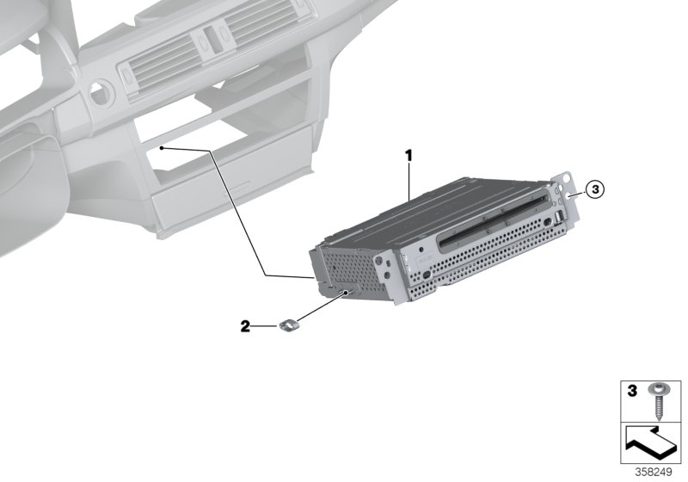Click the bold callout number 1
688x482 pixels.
click(x=409, y=156)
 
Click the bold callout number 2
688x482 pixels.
click(x=245, y=326)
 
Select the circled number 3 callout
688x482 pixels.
click(x=597, y=189)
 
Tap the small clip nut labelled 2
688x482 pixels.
click(x=291, y=324)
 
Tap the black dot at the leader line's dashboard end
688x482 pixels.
click(x=161, y=148)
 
